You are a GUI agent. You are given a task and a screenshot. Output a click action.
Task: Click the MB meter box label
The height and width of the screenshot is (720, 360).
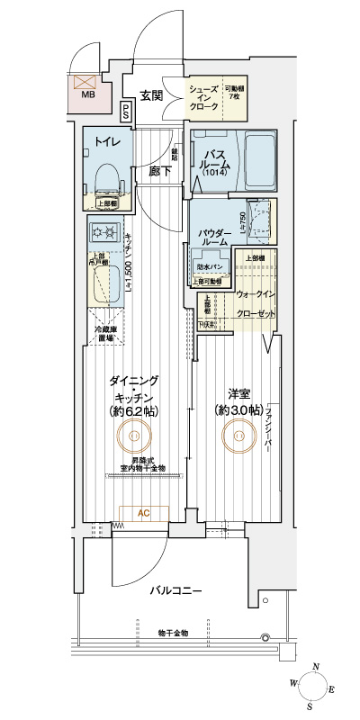click(x=88, y=93)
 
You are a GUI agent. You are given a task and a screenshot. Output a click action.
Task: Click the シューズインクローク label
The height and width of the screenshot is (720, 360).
click(x=203, y=96)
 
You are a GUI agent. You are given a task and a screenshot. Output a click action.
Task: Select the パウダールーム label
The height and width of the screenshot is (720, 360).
click(x=213, y=238)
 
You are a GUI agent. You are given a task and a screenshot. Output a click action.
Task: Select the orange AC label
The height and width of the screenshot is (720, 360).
click(x=142, y=514)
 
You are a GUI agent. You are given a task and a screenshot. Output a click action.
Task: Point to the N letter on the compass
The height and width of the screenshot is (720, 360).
click(x=314, y=667)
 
